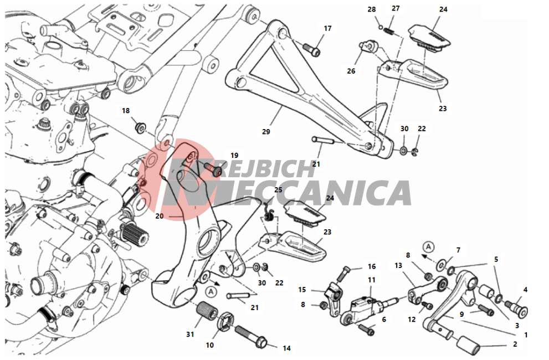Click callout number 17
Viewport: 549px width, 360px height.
(x=327, y=28)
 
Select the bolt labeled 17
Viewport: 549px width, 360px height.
(x=311, y=49)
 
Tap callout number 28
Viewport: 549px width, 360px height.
(x=372, y=9)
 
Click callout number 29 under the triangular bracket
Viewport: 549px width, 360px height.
(x=266, y=132)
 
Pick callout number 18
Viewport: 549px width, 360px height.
(x=126, y=111)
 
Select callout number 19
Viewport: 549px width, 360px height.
(x=234, y=155)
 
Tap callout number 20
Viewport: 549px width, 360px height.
(x=160, y=216)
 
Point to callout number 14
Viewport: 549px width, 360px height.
(x=287, y=348)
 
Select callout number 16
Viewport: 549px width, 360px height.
(x=372, y=266)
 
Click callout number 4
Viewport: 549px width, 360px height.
(x=525, y=290)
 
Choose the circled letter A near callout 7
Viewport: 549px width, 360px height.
(x=428, y=246)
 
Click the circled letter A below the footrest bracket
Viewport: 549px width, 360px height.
(x=211, y=291)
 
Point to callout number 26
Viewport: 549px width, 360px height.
(x=351, y=71)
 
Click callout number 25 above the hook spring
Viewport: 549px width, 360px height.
(x=278, y=190)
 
